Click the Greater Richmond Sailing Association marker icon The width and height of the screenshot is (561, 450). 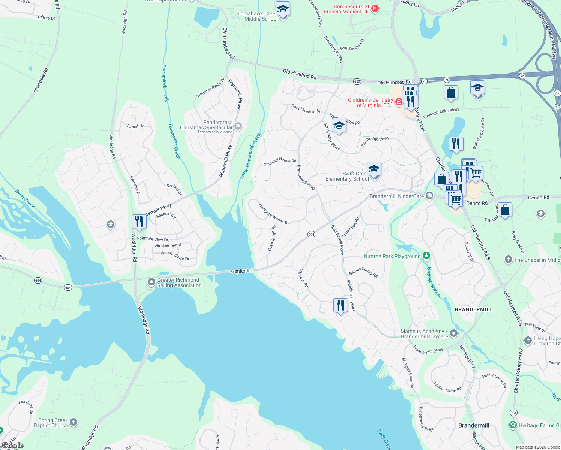[151, 282]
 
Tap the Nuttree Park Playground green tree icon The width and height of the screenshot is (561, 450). [426, 256]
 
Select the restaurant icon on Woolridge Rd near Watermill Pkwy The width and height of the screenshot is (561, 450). [139, 222]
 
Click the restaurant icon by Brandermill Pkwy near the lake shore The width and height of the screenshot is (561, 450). [340, 305]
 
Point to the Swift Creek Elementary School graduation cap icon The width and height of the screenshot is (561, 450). [374, 169]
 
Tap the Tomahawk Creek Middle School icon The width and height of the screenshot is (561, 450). [283, 9]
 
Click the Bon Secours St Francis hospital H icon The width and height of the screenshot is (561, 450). [375, 9]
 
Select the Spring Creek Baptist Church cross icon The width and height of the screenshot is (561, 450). [73, 423]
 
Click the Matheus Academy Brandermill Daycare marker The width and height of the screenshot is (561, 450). [454, 333]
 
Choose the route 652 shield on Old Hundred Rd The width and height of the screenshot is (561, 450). [357, 81]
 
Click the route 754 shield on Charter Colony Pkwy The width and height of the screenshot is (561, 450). [513, 412]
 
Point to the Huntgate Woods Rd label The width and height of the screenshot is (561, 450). [274, 214]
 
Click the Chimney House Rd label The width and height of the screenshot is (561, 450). [280, 162]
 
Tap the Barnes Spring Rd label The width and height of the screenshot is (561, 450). [363, 272]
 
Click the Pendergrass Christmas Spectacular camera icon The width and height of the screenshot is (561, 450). [238, 127]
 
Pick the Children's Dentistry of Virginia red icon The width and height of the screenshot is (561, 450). [399, 102]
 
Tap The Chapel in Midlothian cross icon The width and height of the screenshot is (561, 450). [508, 259]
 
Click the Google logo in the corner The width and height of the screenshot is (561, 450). [12, 445]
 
